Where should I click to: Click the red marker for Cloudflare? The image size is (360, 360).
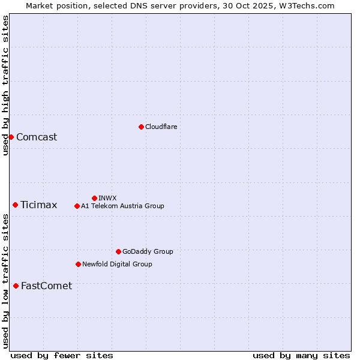pyautogui.click(x=141, y=127)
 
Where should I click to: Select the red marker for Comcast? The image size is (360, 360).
pyautogui.click(x=11, y=137)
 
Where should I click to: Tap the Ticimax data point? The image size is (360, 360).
pyautogui.click(x=15, y=205)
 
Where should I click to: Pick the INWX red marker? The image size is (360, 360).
pyautogui.click(x=94, y=198)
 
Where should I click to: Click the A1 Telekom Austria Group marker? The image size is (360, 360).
pyautogui.click(x=77, y=206)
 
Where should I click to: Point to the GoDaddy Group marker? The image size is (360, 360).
pyautogui.click(x=118, y=251)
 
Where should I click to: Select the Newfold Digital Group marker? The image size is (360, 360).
pyautogui.click(x=78, y=264)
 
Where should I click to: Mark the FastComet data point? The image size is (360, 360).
pyautogui.click(x=16, y=286)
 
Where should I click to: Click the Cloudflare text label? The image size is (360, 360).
pyautogui.click(x=161, y=127)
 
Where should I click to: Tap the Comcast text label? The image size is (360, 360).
pyautogui.click(x=37, y=137)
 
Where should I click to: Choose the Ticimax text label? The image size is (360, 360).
pyautogui.click(x=39, y=205)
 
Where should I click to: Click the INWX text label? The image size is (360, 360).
pyautogui.click(x=107, y=198)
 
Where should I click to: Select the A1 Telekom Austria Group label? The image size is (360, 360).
pyautogui.click(x=122, y=206)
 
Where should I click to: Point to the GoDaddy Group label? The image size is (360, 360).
pyautogui.click(x=148, y=251)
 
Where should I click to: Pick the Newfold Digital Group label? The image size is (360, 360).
pyautogui.click(x=117, y=264)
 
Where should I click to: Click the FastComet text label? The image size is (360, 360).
pyautogui.click(x=46, y=286)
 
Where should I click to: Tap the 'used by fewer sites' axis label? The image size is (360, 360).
pyautogui.click(x=62, y=355)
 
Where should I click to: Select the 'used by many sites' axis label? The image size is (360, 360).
pyautogui.click(x=301, y=355)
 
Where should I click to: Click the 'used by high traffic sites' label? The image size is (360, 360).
pyautogui.click(x=5, y=85)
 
